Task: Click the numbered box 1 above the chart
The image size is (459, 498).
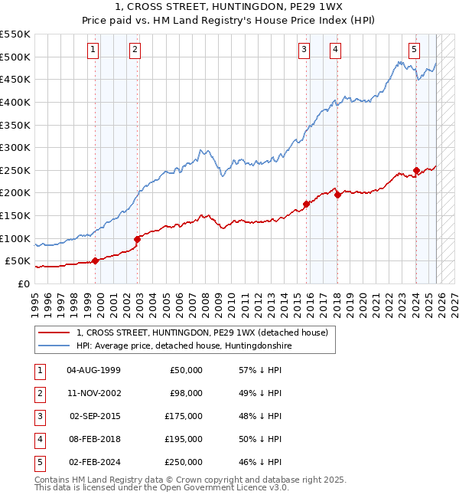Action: click(93, 51)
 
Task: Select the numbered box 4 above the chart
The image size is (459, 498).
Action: click(336, 51)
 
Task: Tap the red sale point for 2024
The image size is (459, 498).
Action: click(416, 170)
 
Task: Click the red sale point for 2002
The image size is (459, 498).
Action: click(138, 239)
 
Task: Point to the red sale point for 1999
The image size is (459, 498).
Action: click(96, 260)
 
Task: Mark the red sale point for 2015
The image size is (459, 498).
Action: click(306, 204)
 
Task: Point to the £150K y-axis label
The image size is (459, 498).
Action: click(15, 215)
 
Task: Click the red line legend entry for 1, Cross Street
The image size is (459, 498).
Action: click(202, 333)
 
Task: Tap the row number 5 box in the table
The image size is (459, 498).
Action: click(38, 462)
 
